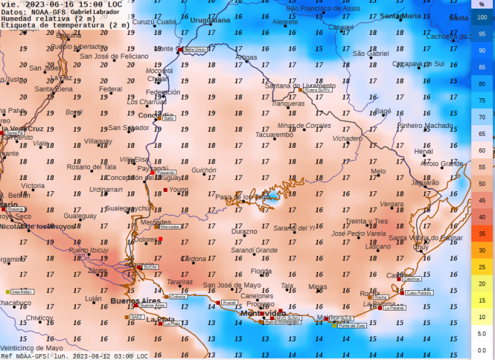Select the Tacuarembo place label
point(274,135)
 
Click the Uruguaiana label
point(210,20)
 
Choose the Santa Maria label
point(400,16)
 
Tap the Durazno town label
point(244,231)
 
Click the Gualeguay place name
point(80,216)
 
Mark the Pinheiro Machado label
point(425,125)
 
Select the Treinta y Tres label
point(367,221)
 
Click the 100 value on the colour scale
point(482,18)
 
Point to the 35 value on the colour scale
point(482,233)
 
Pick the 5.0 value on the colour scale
point(482,334)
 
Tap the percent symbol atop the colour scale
point(482,4)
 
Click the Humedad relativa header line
point(48,18)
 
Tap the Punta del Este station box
point(353,325)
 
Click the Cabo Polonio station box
point(419,293)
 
